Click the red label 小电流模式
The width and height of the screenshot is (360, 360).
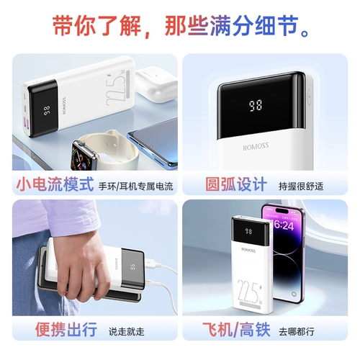(x=55, y=184)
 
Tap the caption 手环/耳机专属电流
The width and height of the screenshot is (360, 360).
(x=136, y=186)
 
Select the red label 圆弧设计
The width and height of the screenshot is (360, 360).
(x=226, y=184)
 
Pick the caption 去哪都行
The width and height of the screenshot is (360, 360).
(x=297, y=332)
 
